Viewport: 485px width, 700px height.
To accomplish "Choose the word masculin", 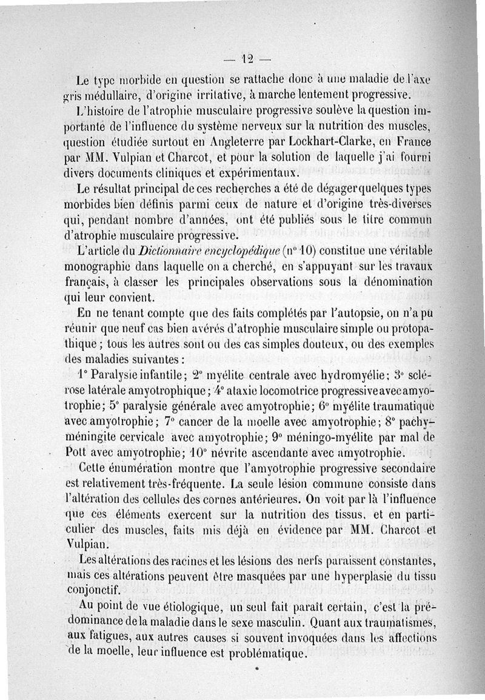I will (282, 622).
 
